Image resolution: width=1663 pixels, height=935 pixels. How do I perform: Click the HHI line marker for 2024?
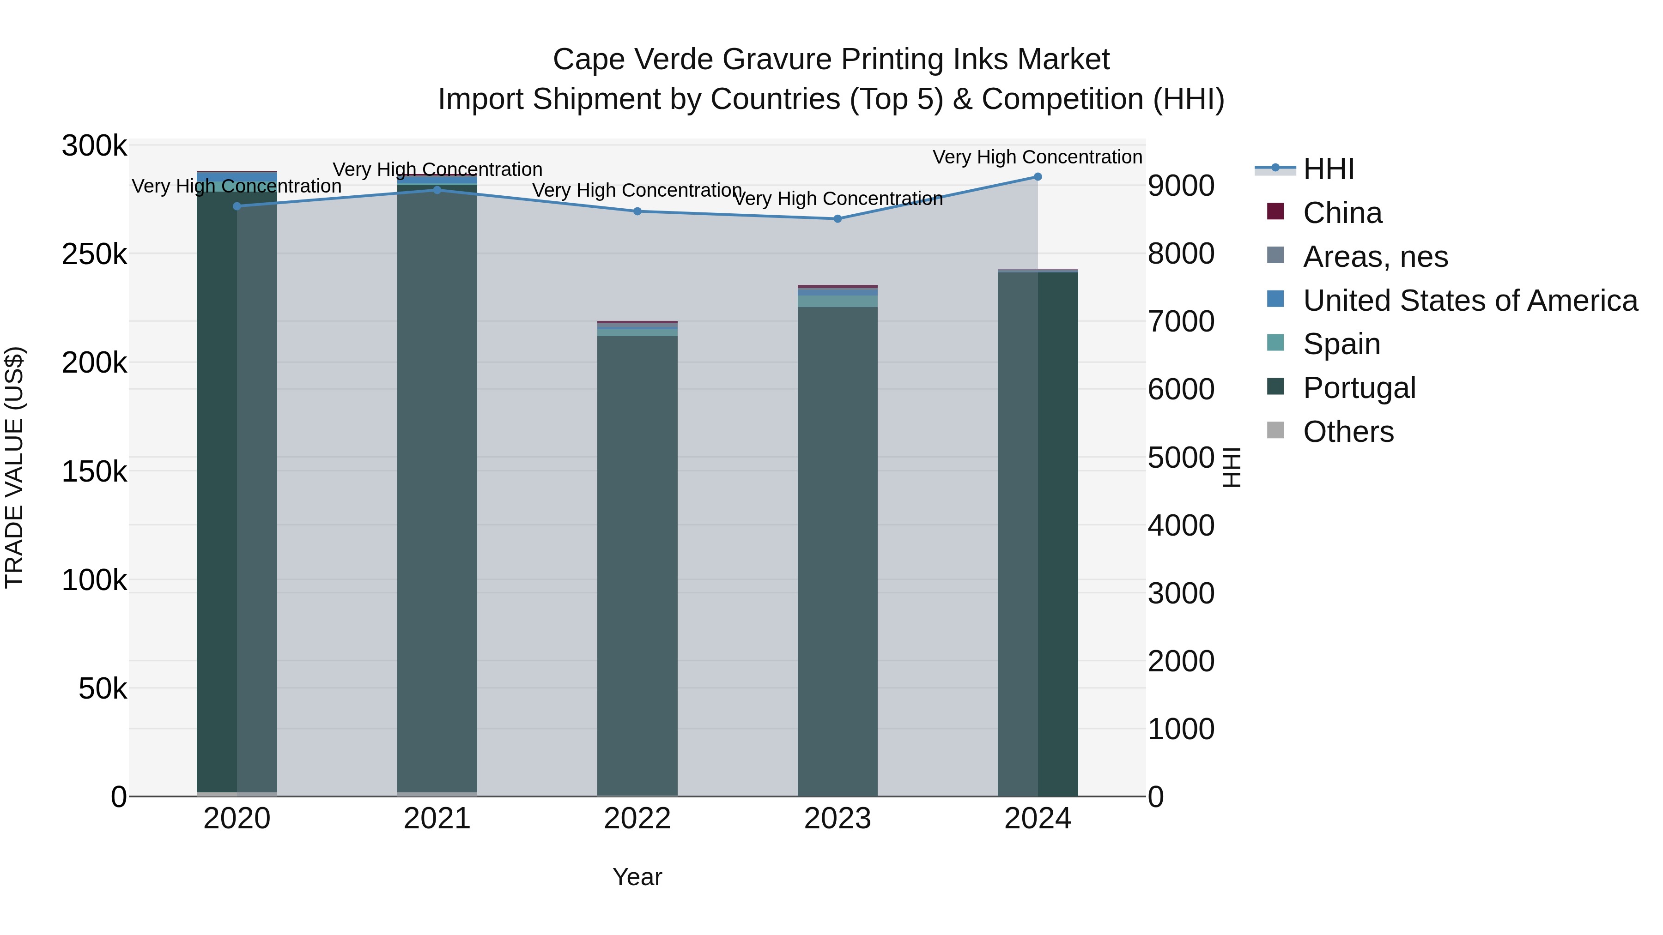pyautogui.click(x=1038, y=177)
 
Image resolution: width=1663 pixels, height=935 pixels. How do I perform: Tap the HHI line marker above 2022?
pyautogui.click(x=637, y=211)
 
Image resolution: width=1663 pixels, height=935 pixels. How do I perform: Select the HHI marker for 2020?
pyautogui.click(x=237, y=206)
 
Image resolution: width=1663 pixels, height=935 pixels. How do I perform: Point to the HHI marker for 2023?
pyautogui.click(x=838, y=219)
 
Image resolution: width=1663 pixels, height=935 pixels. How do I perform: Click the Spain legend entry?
pyautogui.click(x=1341, y=344)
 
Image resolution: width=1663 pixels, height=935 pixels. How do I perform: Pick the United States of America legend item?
pyautogui.click(x=1470, y=301)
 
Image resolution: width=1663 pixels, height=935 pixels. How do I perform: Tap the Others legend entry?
pyautogui.click(x=1348, y=432)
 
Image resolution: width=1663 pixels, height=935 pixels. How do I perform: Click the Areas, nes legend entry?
pyautogui.click(x=1375, y=257)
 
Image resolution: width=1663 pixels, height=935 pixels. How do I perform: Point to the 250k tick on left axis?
pyautogui.click(x=94, y=254)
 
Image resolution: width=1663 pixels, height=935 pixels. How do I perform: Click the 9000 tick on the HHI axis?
pyautogui.click(x=1181, y=186)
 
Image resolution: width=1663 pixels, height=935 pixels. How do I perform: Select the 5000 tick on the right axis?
pyautogui.click(x=1181, y=458)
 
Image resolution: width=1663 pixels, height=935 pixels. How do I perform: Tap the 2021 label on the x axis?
pyautogui.click(x=437, y=819)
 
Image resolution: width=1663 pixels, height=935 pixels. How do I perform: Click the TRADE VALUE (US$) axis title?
pyautogui.click(x=14, y=467)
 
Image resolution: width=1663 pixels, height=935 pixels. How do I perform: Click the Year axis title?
pyautogui.click(x=637, y=877)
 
